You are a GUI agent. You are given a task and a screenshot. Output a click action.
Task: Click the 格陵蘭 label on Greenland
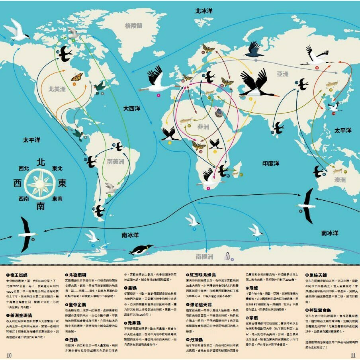click(134, 25)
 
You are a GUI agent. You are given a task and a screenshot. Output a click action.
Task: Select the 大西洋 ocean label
click(132, 108)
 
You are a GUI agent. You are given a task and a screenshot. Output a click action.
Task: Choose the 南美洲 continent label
click(116, 161)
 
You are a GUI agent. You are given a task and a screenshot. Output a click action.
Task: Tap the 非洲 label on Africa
click(203, 127)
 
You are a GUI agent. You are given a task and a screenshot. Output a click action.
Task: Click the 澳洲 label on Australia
click(340, 180)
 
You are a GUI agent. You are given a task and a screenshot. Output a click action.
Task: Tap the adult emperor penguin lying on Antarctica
click(141, 250)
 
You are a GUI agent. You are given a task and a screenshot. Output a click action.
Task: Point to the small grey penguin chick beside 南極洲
click(227, 256)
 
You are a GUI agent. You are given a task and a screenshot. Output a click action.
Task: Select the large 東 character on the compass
click(62, 184)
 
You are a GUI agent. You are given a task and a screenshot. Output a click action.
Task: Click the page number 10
click(9, 355)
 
